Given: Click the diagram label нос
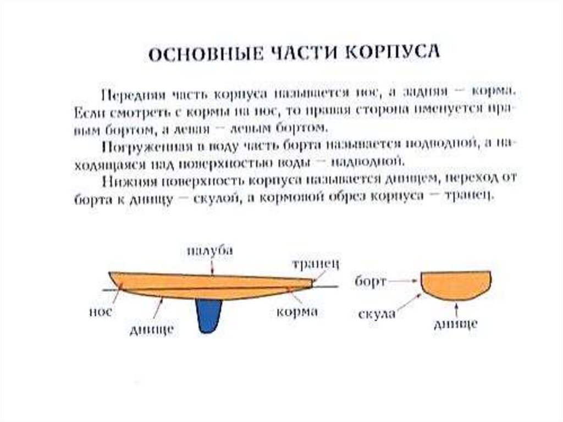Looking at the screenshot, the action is pyautogui.click(x=100, y=311).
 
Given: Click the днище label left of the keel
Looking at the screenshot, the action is pyautogui.click(x=152, y=329).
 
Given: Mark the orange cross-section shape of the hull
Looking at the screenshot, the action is pyautogui.click(x=456, y=284).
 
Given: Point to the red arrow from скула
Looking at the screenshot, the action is pyautogui.click(x=409, y=302).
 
